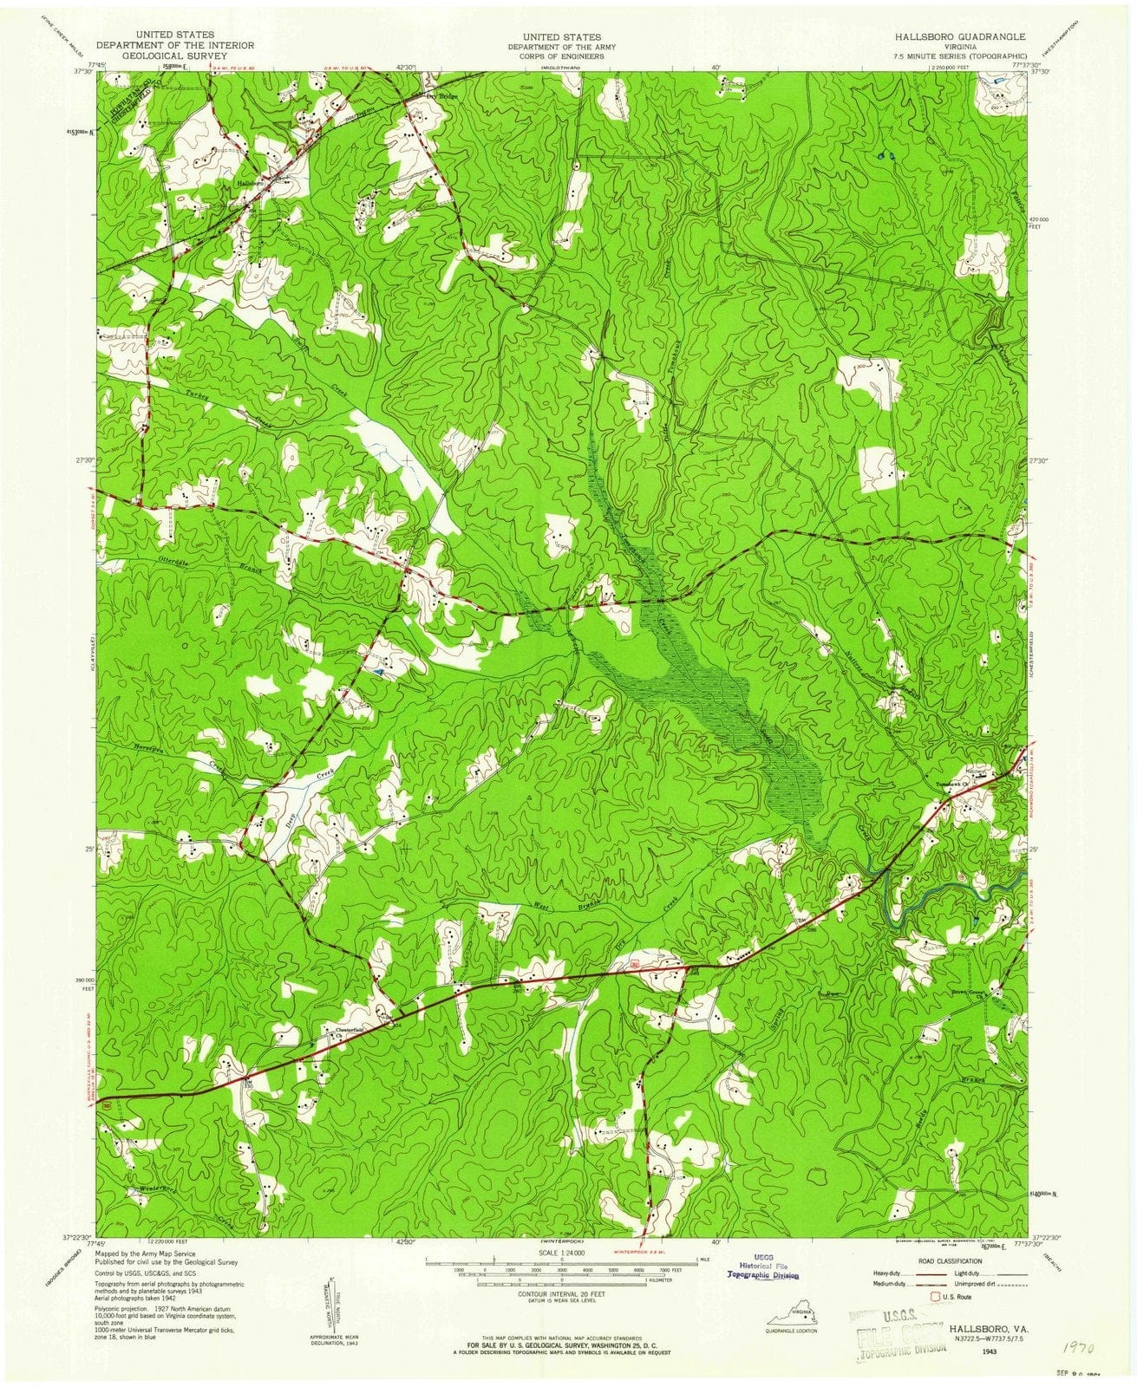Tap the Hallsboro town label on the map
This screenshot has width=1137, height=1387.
[x=250, y=183]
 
